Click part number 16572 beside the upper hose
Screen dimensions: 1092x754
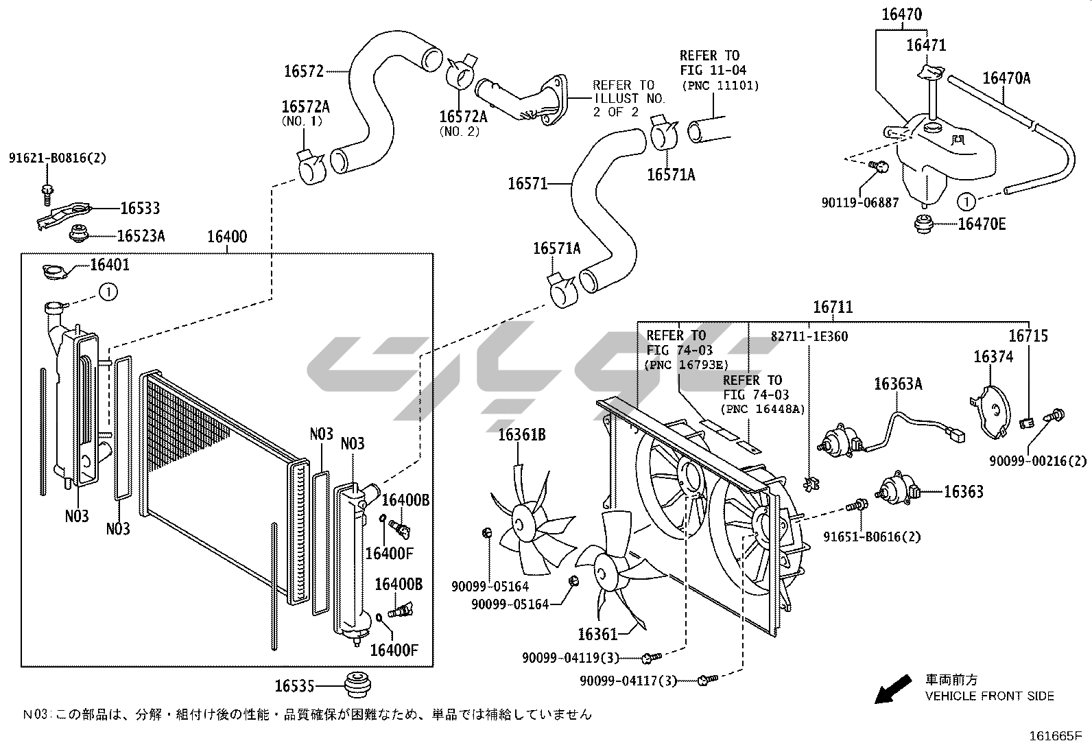304,71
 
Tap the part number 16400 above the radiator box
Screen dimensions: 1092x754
227,237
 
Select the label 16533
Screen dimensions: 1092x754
140,209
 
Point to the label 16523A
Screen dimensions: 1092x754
141,236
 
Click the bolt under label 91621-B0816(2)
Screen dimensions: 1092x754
48,194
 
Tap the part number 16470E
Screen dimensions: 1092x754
982,224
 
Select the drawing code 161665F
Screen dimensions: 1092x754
1056,736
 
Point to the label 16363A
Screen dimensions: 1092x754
898,384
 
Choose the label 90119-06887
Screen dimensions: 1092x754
860,202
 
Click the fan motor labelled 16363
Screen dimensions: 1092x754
897,490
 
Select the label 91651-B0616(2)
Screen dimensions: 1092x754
872,537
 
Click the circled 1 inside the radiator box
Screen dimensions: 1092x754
108,292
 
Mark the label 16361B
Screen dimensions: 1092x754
521,434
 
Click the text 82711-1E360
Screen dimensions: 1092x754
809,336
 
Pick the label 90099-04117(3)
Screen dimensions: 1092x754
628,681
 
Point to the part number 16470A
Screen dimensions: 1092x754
1006,78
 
